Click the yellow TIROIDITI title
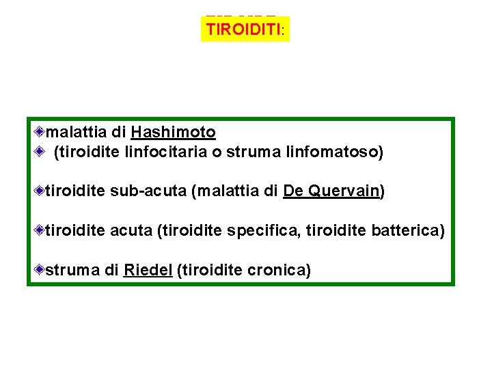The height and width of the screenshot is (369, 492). coord(245,29)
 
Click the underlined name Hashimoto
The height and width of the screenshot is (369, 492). coord(173,132)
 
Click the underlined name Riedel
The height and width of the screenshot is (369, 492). coord(148,271)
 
